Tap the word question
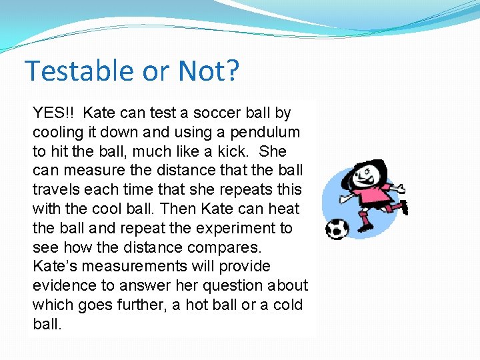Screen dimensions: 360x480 [x=233, y=286]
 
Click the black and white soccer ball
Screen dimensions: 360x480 [x=337, y=229]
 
